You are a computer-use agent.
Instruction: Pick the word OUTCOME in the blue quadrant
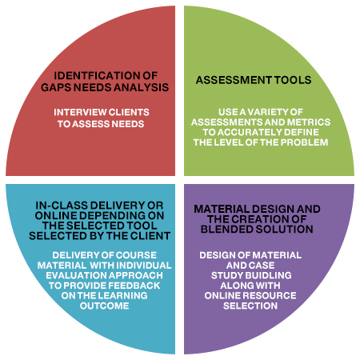(104, 306)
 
